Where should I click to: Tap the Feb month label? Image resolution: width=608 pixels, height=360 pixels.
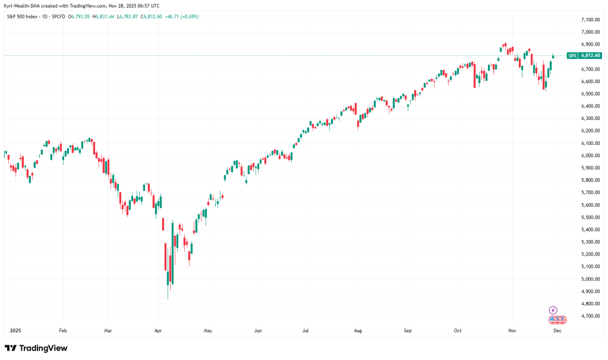pos(63,329)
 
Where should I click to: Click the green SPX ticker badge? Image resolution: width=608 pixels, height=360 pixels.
pos(572,56)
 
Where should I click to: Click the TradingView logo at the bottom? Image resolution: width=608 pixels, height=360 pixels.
pos(36,348)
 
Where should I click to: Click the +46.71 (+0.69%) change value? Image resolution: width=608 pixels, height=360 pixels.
pos(182,17)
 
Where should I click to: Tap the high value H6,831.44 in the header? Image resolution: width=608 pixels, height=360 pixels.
pos(102,17)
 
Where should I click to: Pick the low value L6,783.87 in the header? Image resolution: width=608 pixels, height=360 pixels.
pos(127,17)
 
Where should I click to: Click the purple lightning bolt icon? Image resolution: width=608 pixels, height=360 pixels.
pos(553,310)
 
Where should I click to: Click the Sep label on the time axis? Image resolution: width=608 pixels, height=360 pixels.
pos(407,329)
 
